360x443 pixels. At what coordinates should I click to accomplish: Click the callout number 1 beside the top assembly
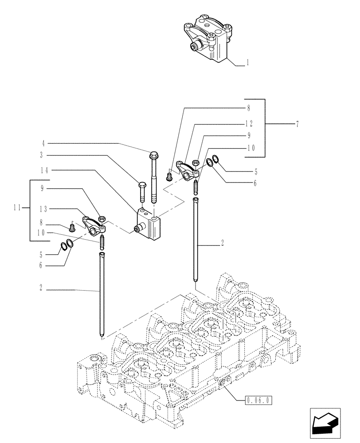coord(247,63)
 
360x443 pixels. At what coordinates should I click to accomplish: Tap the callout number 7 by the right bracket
coord(297,124)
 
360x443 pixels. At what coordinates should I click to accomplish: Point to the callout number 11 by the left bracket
coord(18,207)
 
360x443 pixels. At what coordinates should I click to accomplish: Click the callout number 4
coord(43,144)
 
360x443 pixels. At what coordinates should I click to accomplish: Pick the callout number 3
coord(43,155)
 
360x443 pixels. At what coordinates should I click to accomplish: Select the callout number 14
coord(44,170)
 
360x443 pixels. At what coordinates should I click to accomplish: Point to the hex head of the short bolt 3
coord(142,185)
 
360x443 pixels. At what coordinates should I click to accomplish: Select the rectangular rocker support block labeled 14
coord(149,225)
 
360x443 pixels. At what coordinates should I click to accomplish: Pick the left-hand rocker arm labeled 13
coord(94,224)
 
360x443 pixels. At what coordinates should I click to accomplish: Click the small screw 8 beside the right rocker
coord(169,177)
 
